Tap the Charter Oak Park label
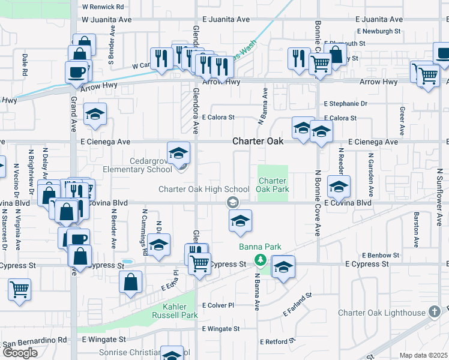pos(273,185)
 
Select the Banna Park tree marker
pos(260,260)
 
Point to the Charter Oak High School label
pos(203,190)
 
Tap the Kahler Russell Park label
pos(172,311)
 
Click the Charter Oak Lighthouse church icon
pos(435,311)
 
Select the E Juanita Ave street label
pos(226,19)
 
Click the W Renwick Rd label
pos(103,7)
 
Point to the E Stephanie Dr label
pos(345,104)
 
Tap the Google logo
pos(19,353)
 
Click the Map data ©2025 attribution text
pos(423,355)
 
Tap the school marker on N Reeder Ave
pos(339,187)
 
